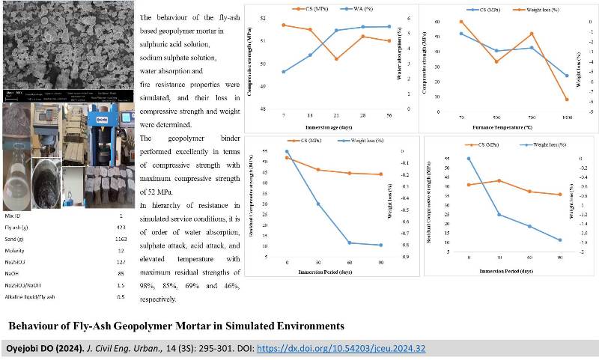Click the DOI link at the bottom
point(341,349)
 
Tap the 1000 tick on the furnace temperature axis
point(567,118)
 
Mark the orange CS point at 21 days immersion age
point(336,59)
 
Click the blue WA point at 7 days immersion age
point(284,72)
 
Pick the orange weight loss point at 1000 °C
point(567,100)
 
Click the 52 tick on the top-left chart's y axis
point(261,17)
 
